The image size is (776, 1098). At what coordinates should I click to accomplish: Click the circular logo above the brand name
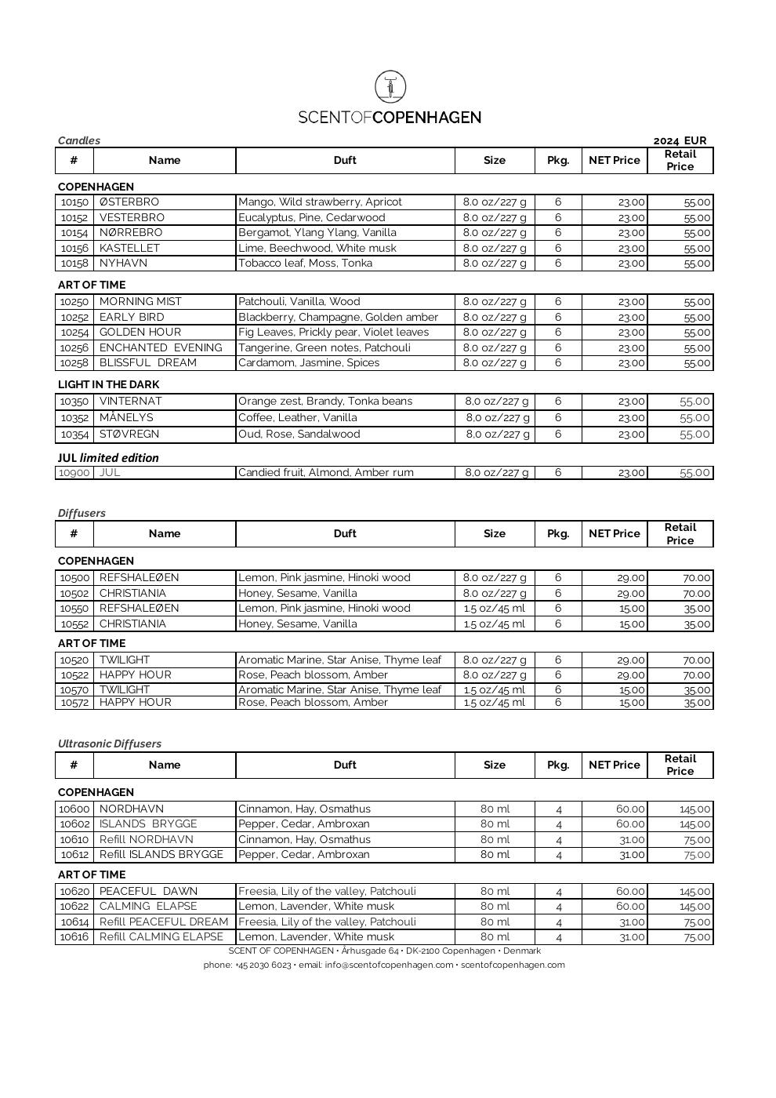tap(390, 86)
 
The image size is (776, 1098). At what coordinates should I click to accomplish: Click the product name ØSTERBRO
tap(129, 202)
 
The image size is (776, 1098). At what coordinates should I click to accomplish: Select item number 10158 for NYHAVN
tap(74, 264)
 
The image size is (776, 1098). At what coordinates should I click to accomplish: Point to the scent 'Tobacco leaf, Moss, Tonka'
tap(305, 264)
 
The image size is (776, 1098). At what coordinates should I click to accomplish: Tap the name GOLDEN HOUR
tap(140, 333)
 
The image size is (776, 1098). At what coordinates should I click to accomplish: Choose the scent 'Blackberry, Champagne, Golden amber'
tap(338, 317)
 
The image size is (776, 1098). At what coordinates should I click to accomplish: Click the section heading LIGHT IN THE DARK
tap(108, 384)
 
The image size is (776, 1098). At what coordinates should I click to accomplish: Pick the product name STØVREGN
tap(129, 434)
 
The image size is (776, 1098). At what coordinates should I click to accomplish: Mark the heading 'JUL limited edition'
tap(108, 458)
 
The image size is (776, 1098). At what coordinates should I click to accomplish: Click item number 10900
tap(74, 473)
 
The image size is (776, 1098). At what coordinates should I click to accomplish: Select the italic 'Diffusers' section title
tap(82, 513)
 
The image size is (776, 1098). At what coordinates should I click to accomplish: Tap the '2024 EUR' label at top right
tap(680, 141)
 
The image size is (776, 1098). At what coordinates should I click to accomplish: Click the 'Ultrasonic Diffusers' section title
tap(110, 744)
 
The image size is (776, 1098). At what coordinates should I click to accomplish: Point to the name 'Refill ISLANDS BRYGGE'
tap(161, 855)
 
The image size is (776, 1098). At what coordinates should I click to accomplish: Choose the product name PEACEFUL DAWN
tap(149, 892)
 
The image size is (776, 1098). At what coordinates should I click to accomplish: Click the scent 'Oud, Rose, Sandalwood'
tap(299, 434)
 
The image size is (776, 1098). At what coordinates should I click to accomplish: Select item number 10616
tap(74, 937)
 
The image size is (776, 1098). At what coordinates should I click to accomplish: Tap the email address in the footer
tap(389, 965)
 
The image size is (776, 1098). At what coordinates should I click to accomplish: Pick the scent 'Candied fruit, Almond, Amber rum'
tap(325, 473)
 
